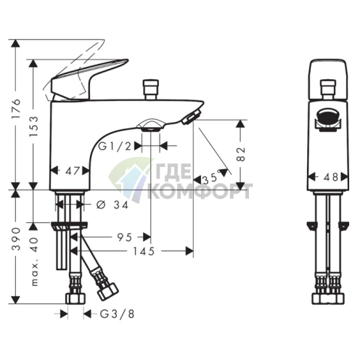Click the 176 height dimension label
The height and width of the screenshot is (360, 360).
(x=16, y=108)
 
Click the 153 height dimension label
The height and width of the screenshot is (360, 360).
(x=34, y=126)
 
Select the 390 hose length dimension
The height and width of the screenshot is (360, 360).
(x=16, y=239)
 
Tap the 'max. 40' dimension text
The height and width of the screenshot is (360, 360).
(x=34, y=262)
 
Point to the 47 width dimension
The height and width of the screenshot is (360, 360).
(x=72, y=171)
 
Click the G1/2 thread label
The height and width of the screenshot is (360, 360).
(x=115, y=146)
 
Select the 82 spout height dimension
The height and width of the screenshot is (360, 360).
(x=241, y=154)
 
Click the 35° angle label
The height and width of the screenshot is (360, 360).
(x=210, y=178)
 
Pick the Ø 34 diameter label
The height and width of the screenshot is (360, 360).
(x=112, y=205)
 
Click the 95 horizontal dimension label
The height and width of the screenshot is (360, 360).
(x=125, y=237)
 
